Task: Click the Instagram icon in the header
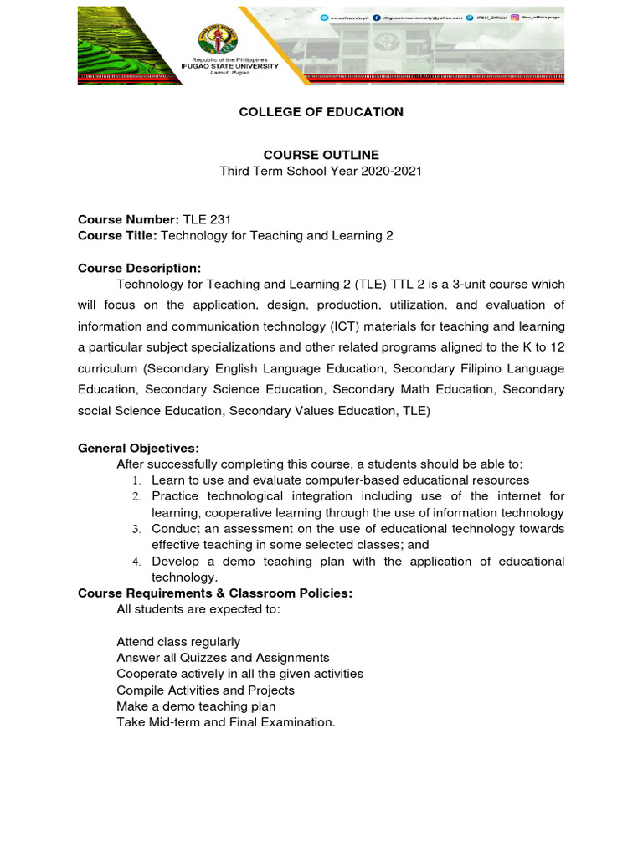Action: point(515,17)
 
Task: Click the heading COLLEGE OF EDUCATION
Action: point(321,112)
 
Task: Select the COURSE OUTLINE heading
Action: point(321,155)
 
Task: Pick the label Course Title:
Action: point(117,236)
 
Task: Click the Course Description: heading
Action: point(139,269)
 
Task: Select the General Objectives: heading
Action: point(138,449)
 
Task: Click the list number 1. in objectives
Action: point(136,480)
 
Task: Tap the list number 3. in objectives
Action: point(136,529)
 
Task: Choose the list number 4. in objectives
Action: point(136,562)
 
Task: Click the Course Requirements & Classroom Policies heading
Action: point(215,593)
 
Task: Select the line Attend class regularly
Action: point(178,642)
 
